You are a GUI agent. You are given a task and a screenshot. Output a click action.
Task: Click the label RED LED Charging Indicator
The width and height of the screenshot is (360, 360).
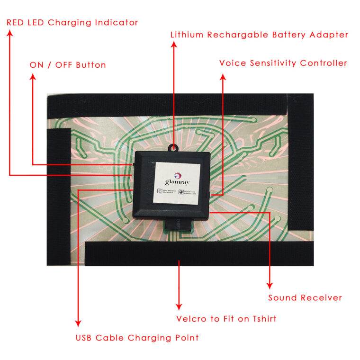coord(72,22)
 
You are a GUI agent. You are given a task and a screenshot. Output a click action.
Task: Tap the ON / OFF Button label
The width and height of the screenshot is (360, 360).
coord(68,64)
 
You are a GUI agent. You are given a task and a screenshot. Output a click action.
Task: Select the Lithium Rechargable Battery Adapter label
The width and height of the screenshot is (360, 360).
coord(259,35)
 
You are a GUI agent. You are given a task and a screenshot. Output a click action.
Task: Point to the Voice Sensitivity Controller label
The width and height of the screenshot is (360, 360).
coord(283,63)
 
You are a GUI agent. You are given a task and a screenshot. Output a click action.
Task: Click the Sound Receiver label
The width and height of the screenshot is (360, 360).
coord(305,297)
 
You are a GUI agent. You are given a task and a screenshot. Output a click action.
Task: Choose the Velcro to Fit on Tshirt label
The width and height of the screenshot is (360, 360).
coord(226,319)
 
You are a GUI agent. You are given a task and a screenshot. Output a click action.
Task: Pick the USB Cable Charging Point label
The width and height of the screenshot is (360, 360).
coord(137,338)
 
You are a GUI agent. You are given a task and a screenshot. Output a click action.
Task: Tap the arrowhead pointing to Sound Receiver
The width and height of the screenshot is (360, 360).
coord(270,285)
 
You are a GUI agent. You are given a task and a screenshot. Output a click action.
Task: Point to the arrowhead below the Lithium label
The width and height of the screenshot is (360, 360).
coord(174,45)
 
